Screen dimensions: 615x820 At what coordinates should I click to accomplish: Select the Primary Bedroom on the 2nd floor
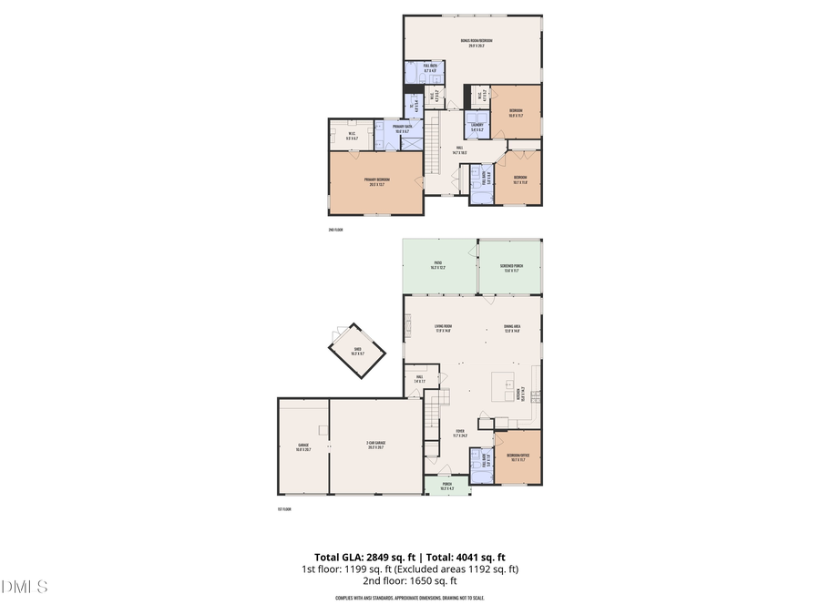click(x=376, y=181)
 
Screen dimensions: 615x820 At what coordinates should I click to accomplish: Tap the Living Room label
click(x=443, y=329)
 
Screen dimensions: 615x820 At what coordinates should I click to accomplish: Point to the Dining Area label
click(x=512, y=329)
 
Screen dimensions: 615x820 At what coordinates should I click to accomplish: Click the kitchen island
click(x=504, y=384)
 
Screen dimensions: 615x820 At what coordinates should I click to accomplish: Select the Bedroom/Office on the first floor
click(x=518, y=457)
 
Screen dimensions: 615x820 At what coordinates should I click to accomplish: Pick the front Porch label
click(x=447, y=487)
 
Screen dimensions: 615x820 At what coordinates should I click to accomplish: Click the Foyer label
click(x=461, y=433)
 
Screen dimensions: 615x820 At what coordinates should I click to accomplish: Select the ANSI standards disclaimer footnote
click(x=409, y=598)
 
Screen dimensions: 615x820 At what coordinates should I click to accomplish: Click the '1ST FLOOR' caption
click(x=284, y=509)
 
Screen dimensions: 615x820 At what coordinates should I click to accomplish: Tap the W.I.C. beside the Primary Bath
click(x=352, y=138)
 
